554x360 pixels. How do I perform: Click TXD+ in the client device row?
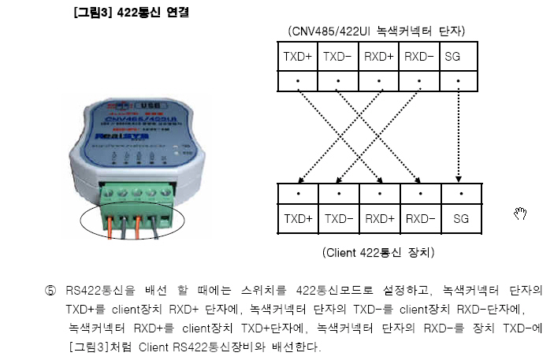coord(297,217)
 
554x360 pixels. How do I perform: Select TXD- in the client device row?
coord(337,217)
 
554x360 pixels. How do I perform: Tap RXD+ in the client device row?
coord(378,217)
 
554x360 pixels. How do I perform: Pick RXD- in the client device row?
coord(418,217)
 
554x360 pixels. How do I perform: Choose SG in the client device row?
coord(460,217)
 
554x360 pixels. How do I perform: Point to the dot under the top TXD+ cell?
coord(298,80)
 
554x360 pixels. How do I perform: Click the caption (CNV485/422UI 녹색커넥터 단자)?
coord(377,31)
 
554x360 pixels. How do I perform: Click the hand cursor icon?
coord(519,213)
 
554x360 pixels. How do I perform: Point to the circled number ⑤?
coord(51,291)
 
